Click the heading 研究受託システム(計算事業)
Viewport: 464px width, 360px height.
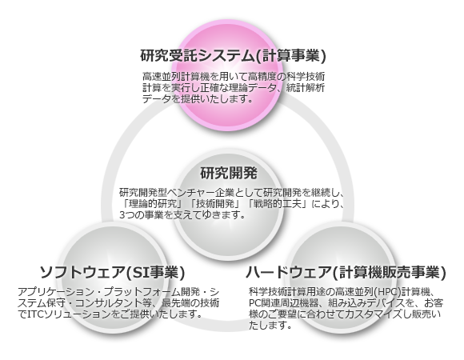[233, 55]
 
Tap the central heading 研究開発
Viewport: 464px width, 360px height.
[229, 173]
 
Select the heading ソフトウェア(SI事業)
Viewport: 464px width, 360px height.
[113, 272]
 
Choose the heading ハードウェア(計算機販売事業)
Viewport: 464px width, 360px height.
[346, 272]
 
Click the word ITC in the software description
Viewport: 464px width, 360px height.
[35, 314]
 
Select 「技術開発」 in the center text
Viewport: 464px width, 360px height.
[216, 204]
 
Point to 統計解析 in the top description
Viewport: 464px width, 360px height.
[306, 88]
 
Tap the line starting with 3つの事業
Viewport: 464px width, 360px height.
[182, 214]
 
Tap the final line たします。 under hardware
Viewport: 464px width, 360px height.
[270, 326]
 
